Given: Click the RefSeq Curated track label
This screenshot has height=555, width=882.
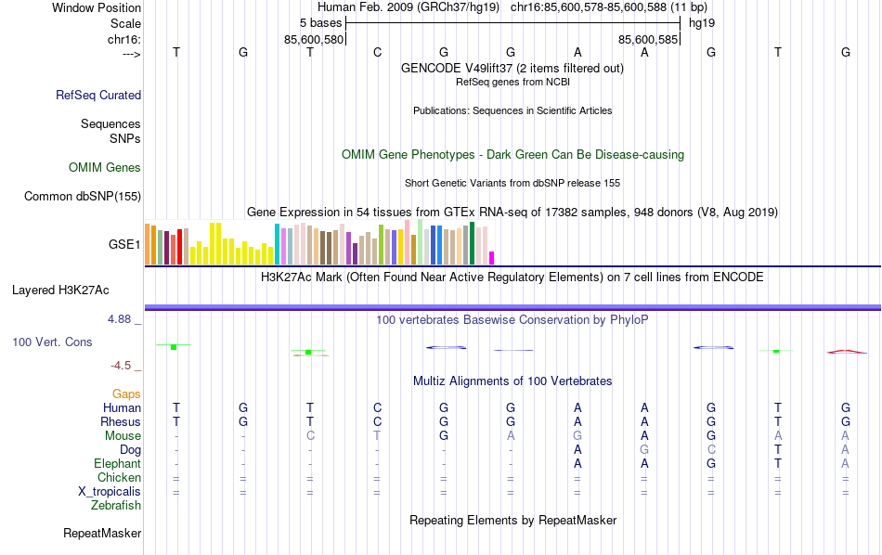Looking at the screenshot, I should (x=97, y=95).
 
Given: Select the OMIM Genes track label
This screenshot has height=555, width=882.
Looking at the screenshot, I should (x=104, y=168).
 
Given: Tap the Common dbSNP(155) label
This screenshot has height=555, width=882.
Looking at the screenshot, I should (x=83, y=196).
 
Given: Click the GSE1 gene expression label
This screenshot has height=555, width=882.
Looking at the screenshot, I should (x=124, y=245).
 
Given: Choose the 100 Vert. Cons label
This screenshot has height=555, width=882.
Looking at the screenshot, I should (x=52, y=342).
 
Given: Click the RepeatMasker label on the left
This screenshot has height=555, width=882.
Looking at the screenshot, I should (x=102, y=534).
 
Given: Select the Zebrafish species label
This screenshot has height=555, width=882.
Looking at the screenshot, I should (x=116, y=506).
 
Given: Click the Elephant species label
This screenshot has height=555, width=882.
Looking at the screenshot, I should (x=117, y=464).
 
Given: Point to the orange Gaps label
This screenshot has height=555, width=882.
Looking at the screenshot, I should (x=126, y=394).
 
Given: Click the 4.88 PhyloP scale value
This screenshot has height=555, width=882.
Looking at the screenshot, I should (x=123, y=319).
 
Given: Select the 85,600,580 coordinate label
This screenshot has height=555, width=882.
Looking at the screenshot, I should (x=314, y=39).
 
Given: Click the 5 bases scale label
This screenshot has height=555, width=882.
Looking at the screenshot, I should (x=321, y=21).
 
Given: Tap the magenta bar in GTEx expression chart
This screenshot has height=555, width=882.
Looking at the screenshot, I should (x=492, y=258).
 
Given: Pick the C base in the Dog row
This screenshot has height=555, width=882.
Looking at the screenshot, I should (x=711, y=450).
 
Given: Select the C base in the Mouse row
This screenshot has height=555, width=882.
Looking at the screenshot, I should (x=310, y=436).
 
